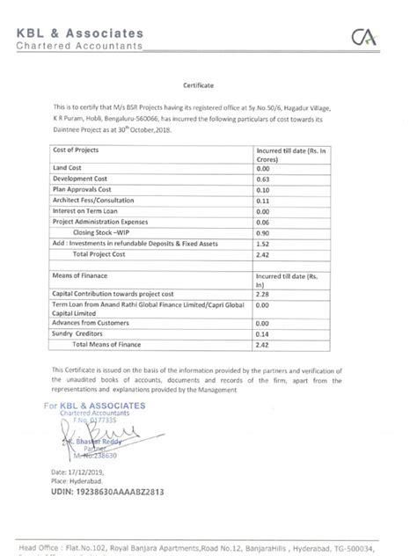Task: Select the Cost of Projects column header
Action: pos(82,151)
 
